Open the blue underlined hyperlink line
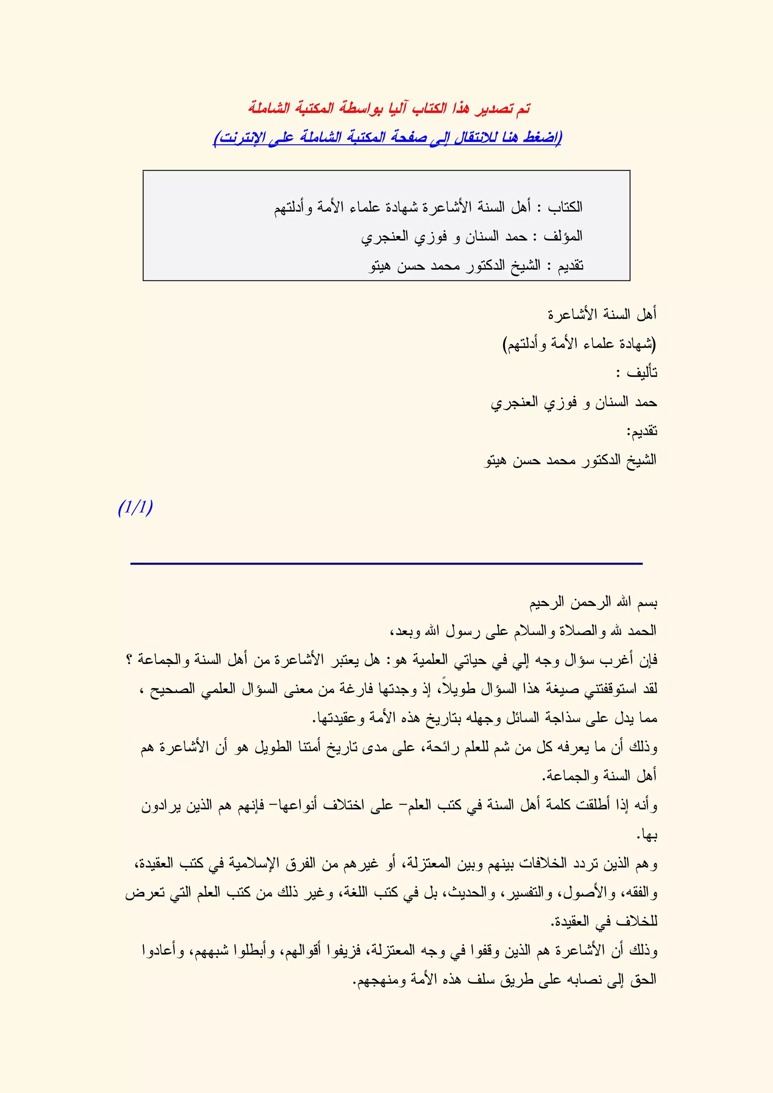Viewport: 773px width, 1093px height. pyautogui.click(x=388, y=138)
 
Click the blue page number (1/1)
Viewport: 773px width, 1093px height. pyautogui.click(x=136, y=508)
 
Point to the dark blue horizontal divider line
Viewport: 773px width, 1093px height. pyautogui.click(x=386, y=563)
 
